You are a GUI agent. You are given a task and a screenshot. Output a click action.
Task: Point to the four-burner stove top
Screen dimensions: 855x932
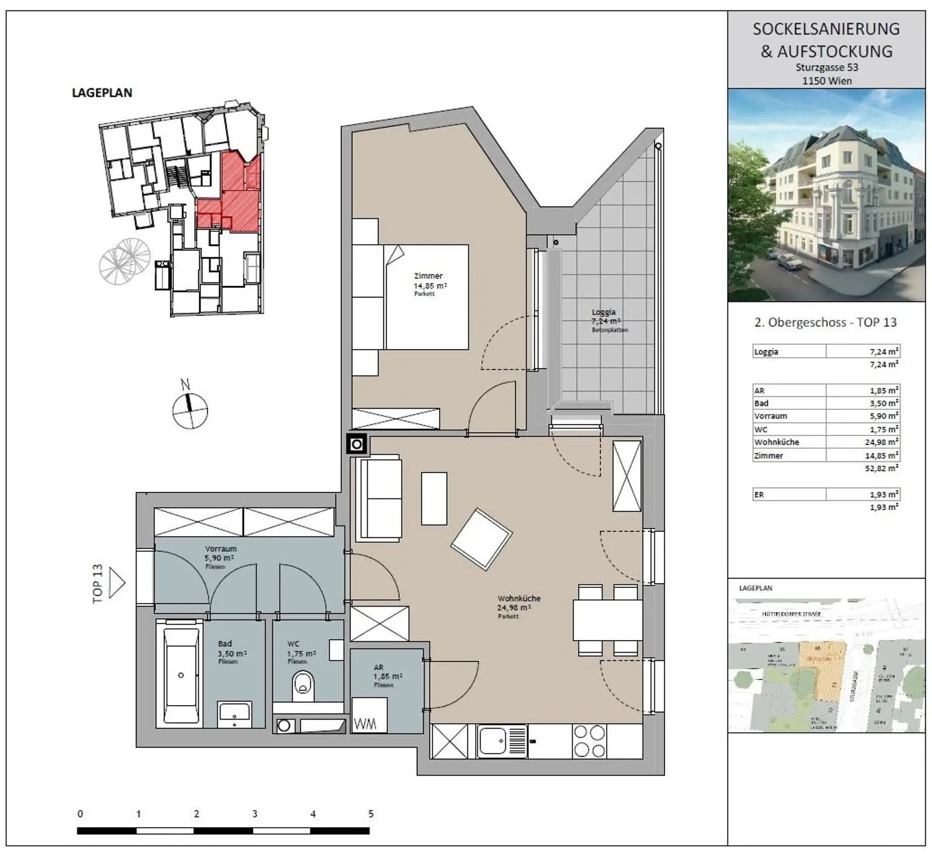tap(589, 741)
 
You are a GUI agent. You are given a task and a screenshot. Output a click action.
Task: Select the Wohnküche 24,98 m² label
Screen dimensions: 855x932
tap(518, 603)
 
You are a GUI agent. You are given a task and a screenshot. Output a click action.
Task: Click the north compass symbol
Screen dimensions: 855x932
tap(190, 410)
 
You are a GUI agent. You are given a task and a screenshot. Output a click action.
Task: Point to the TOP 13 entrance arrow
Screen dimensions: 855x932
tap(116, 584)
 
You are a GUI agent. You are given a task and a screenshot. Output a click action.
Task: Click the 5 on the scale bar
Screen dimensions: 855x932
tap(371, 814)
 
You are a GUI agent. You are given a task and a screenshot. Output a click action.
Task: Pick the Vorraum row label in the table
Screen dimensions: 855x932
tap(771, 417)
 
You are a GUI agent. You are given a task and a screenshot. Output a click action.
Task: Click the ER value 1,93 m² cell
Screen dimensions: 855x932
tap(883, 495)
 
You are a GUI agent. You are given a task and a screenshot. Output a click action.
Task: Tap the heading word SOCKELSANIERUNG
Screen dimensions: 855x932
tap(826, 29)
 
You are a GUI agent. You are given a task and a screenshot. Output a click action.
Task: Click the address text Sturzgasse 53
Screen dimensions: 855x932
tap(826, 68)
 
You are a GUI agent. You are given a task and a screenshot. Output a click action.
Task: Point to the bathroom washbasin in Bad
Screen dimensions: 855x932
tap(234, 715)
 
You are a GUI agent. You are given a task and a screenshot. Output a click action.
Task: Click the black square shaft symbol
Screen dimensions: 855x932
tap(357, 445)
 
